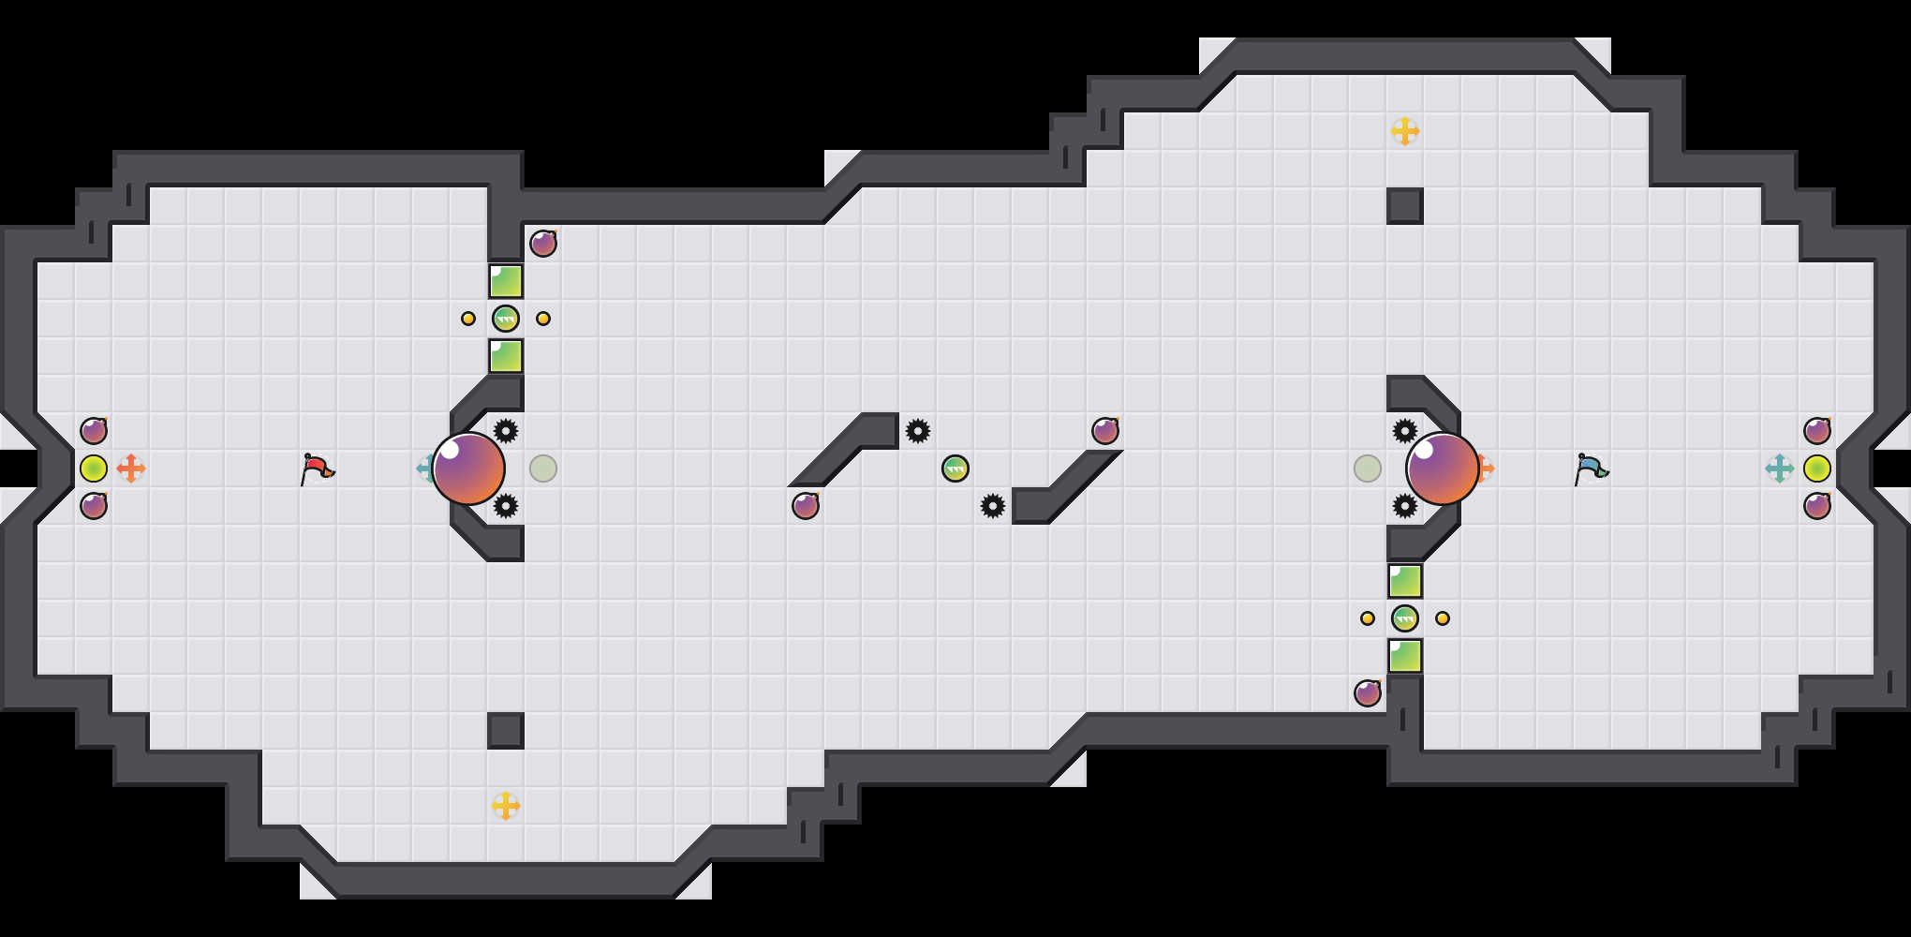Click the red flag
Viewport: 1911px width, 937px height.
(x=317, y=468)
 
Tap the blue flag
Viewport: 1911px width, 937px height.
(x=1591, y=468)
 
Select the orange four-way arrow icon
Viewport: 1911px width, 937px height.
(x=131, y=468)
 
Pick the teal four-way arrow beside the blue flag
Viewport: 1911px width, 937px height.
(x=1779, y=468)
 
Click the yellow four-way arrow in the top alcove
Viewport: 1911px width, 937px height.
(x=1405, y=131)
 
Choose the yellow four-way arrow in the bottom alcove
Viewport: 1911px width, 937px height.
(x=506, y=806)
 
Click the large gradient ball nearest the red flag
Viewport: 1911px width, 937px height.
(x=468, y=468)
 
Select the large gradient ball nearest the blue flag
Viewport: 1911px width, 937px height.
(x=1443, y=468)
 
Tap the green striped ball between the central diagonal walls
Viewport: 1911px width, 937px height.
(x=955, y=468)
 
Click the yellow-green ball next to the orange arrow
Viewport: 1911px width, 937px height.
(x=94, y=468)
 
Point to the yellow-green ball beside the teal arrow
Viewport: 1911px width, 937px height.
(x=1817, y=468)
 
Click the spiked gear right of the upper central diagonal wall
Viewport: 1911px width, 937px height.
(x=918, y=431)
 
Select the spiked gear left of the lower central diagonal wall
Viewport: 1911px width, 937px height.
(x=993, y=506)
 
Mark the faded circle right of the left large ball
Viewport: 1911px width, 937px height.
(x=543, y=468)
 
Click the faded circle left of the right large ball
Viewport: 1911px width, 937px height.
(x=1368, y=468)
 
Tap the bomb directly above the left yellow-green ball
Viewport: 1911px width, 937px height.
(x=94, y=431)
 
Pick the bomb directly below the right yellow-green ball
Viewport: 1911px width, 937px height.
(x=1817, y=506)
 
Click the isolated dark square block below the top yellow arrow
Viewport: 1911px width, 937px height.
(x=1405, y=206)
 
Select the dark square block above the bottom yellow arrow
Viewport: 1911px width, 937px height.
(x=506, y=731)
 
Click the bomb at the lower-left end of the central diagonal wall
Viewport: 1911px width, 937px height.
(x=806, y=506)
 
